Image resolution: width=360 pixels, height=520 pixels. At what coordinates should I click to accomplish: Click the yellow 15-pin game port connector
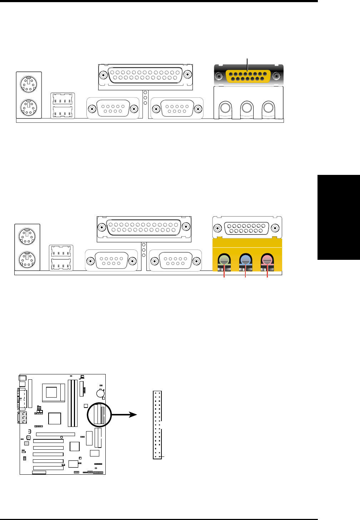coord(248,76)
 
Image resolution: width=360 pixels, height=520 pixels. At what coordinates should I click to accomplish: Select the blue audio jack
coord(245,259)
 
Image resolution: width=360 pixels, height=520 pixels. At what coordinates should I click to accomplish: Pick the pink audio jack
coord(267,259)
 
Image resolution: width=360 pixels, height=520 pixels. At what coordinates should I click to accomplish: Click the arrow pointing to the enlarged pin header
coord(125,414)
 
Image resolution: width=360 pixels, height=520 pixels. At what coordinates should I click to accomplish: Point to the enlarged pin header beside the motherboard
coord(157,425)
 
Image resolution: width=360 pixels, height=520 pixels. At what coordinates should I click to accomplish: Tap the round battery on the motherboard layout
coord(100,393)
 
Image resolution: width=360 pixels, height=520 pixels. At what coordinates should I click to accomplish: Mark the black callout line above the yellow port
coord(247,60)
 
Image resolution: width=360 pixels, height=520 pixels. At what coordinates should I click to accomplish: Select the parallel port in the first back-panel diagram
coord(145,75)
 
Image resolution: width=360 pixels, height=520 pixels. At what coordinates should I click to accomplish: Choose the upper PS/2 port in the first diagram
coord(29,84)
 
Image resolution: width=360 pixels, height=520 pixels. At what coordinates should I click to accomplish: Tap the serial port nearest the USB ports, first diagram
coord(113,108)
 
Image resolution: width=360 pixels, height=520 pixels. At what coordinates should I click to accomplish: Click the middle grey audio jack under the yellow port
coord(247,107)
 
